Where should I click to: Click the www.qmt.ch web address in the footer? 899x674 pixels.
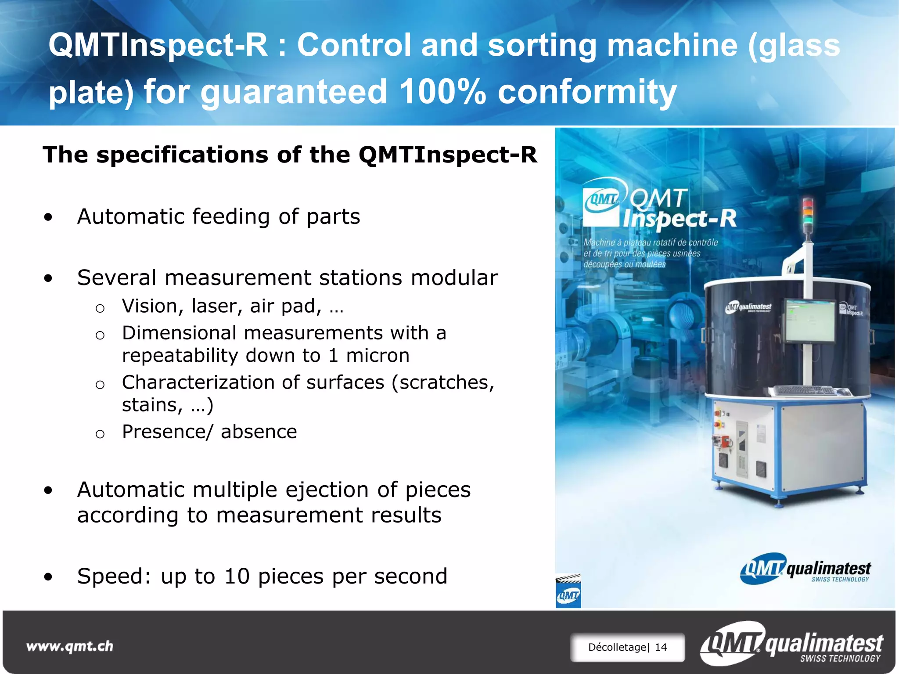(70, 646)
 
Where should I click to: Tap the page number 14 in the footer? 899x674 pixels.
(661, 647)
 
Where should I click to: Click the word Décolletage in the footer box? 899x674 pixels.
(617, 647)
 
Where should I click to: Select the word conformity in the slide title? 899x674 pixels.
(587, 91)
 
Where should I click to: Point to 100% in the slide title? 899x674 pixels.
(442, 91)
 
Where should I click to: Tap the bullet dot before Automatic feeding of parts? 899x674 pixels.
(48, 217)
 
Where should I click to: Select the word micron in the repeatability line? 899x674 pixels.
(378, 355)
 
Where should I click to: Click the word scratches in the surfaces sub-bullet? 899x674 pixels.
(444, 382)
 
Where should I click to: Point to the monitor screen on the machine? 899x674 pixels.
(810, 321)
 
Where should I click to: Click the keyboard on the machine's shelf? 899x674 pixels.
(803, 390)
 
